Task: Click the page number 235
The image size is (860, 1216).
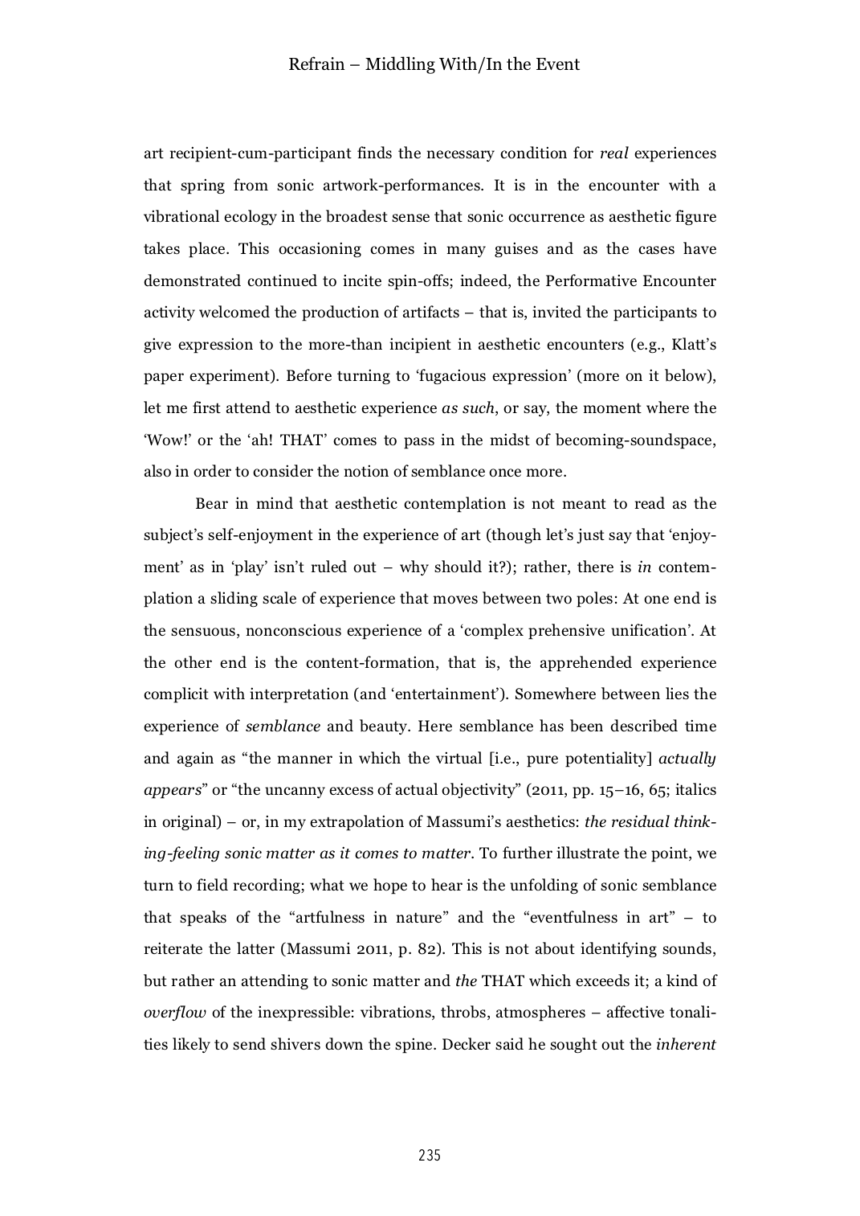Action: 430,1156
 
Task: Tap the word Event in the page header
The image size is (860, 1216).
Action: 558,64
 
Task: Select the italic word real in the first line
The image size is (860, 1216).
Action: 613,154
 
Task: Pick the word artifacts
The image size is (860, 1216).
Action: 429,313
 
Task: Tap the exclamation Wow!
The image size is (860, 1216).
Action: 164,440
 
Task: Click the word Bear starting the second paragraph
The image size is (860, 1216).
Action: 212,504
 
